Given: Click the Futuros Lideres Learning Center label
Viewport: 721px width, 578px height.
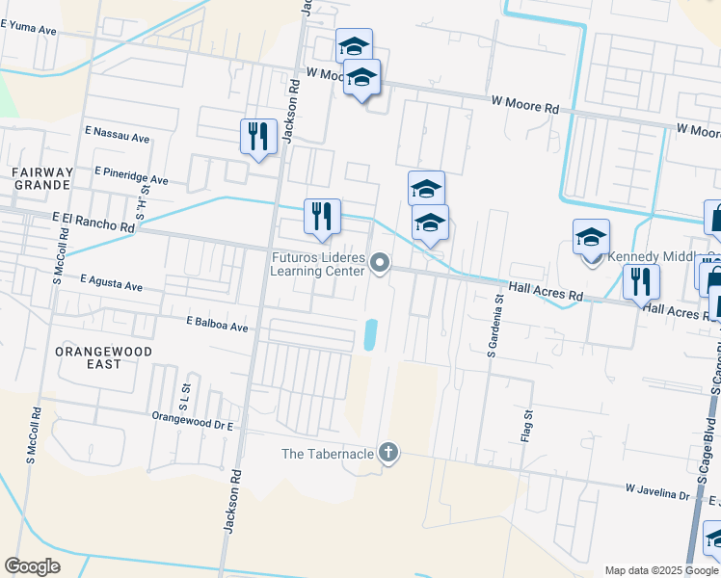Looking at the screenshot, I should [x=317, y=264].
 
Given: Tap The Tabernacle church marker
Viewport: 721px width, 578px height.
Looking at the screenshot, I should [x=387, y=453].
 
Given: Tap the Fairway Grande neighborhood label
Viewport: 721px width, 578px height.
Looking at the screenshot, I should [x=40, y=177].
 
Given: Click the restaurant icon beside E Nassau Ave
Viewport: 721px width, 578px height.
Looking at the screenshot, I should [x=258, y=137].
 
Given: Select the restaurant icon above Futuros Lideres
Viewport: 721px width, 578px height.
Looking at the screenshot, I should [x=322, y=217].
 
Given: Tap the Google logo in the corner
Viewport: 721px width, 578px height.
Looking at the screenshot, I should [x=32, y=565].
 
